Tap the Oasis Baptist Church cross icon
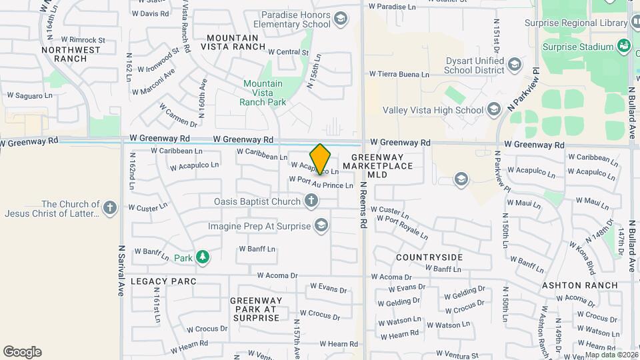(x=311, y=201)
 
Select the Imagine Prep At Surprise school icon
(x=322, y=225)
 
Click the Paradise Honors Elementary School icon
(x=341, y=19)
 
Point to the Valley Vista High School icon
(x=493, y=109)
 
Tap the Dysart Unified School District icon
(x=514, y=65)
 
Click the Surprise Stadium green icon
(x=624, y=46)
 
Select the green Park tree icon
(x=202, y=257)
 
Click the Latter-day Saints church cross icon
(x=111, y=208)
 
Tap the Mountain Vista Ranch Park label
(x=263, y=93)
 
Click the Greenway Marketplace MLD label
(x=378, y=170)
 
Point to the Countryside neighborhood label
(x=429, y=257)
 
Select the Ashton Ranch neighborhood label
(x=579, y=285)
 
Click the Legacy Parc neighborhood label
(x=163, y=281)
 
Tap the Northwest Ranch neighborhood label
(x=64, y=54)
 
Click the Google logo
(x=22, y=352)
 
